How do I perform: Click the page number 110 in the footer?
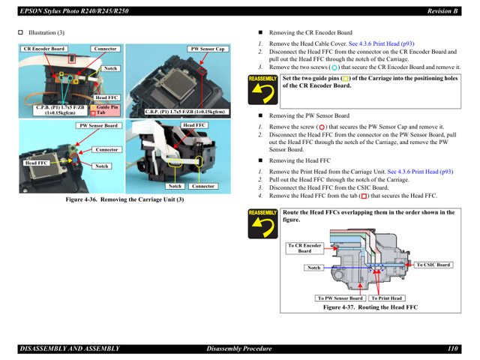[453, 349]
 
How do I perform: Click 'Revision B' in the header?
[442, 10]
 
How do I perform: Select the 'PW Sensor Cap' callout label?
[208, 49]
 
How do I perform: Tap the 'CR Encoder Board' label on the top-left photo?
[44, 49]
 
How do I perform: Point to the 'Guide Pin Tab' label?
[106, 110]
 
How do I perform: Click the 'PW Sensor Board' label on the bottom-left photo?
[99, 126]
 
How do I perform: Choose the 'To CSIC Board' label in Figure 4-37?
[433, 265]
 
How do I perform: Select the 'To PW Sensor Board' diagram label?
[340, 298]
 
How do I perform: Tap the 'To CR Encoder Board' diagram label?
[304, 248]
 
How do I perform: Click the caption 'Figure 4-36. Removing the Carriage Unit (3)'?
[124, 199]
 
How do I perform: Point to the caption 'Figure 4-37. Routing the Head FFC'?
[370, 307]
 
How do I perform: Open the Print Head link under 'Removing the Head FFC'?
[421, 172]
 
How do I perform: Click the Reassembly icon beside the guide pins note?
[262, 91]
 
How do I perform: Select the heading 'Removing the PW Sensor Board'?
[309, 116]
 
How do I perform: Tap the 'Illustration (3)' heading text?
[46, 33]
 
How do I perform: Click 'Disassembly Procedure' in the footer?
[240, 349]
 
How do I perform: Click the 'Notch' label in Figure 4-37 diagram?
[314, 268]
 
